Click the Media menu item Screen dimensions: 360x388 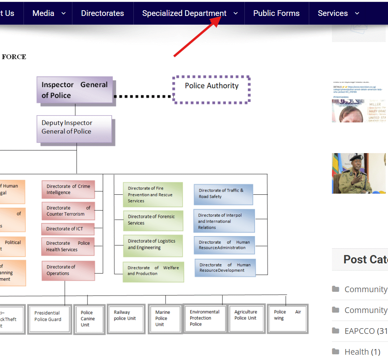[x=44, y=13]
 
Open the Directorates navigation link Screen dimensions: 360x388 [x=102, y=13]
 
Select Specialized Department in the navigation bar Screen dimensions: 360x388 [x=184, y=13]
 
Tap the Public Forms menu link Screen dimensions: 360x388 [x=276, y=13]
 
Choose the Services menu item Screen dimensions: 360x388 [x=333, y=13]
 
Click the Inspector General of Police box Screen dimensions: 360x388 [x=75, y=90]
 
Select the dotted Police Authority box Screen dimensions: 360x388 [x=211, y=89]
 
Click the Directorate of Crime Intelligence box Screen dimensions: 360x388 [x=68, y=189]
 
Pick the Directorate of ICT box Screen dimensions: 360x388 [x=67, y=229]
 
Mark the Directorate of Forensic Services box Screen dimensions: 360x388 [x=153, y=220]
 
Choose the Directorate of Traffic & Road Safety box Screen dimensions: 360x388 [x=223, y=194]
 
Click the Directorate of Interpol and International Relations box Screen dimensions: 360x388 [x=224, y=221]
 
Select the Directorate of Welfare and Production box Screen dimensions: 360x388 [x=153, y=271]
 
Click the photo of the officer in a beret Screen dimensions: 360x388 [x=358, y=173]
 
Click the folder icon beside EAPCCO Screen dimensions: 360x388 [x=335, y=331]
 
